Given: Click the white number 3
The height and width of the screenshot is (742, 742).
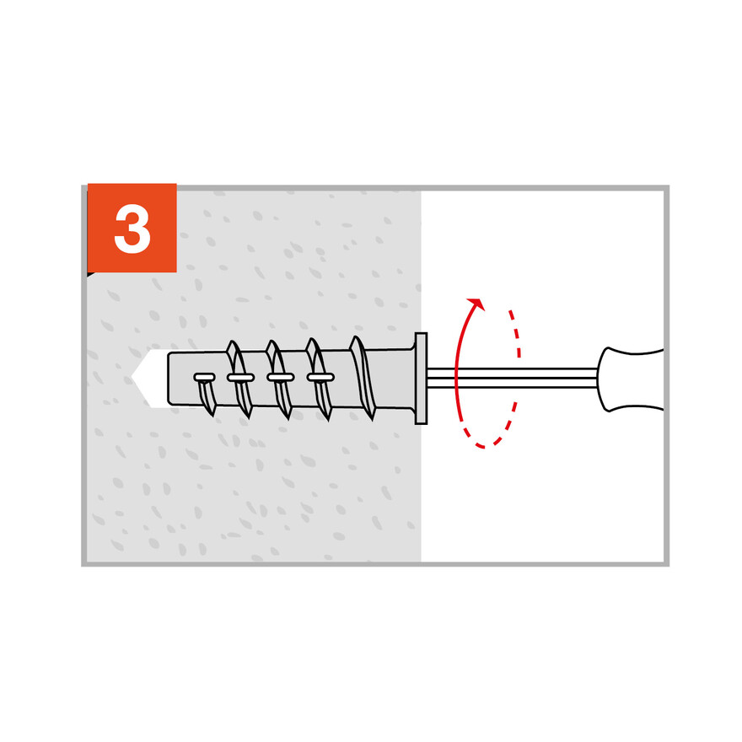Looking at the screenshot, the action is [x=132, y=229].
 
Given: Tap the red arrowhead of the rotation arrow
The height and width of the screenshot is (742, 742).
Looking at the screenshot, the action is [x=476, y=304].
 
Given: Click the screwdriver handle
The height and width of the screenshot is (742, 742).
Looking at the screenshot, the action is [x=630, y=379].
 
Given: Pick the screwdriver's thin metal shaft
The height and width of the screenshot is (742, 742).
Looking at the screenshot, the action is [x=512, y=378].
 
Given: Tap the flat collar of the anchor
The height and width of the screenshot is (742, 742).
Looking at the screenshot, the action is [x=421, y=379].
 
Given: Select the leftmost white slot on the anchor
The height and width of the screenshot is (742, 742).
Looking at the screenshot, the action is [x=204, y=377].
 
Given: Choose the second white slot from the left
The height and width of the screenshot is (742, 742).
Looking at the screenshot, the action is [x=241, y=378].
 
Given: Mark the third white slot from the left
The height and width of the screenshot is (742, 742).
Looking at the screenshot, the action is [x=281, y=377].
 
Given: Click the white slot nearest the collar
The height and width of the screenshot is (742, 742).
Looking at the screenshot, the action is [x=320, y=377].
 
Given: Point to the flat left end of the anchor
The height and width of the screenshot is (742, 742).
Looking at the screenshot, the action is [x=169, y=379].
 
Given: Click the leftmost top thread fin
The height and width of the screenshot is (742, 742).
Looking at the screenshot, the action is [x=233, y=347].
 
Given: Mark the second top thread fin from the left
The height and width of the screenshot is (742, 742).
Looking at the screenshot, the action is [x=272, y=347].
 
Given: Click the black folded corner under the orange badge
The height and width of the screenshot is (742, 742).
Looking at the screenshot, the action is [x=90, y=274].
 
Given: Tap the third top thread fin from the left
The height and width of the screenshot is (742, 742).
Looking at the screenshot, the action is [x=312, y=347].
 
